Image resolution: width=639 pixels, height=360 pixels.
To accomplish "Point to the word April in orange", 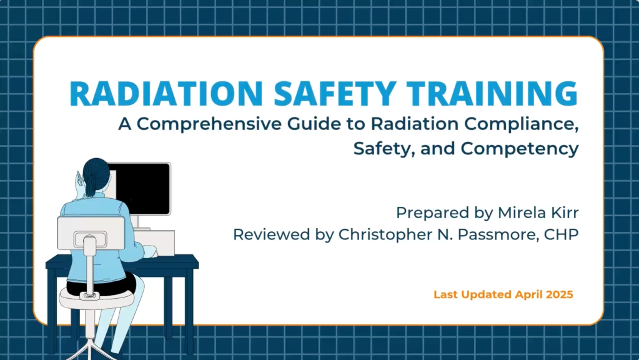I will (x=521, y=294).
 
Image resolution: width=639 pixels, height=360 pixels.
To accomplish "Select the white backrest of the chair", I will (x=91, y=233).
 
